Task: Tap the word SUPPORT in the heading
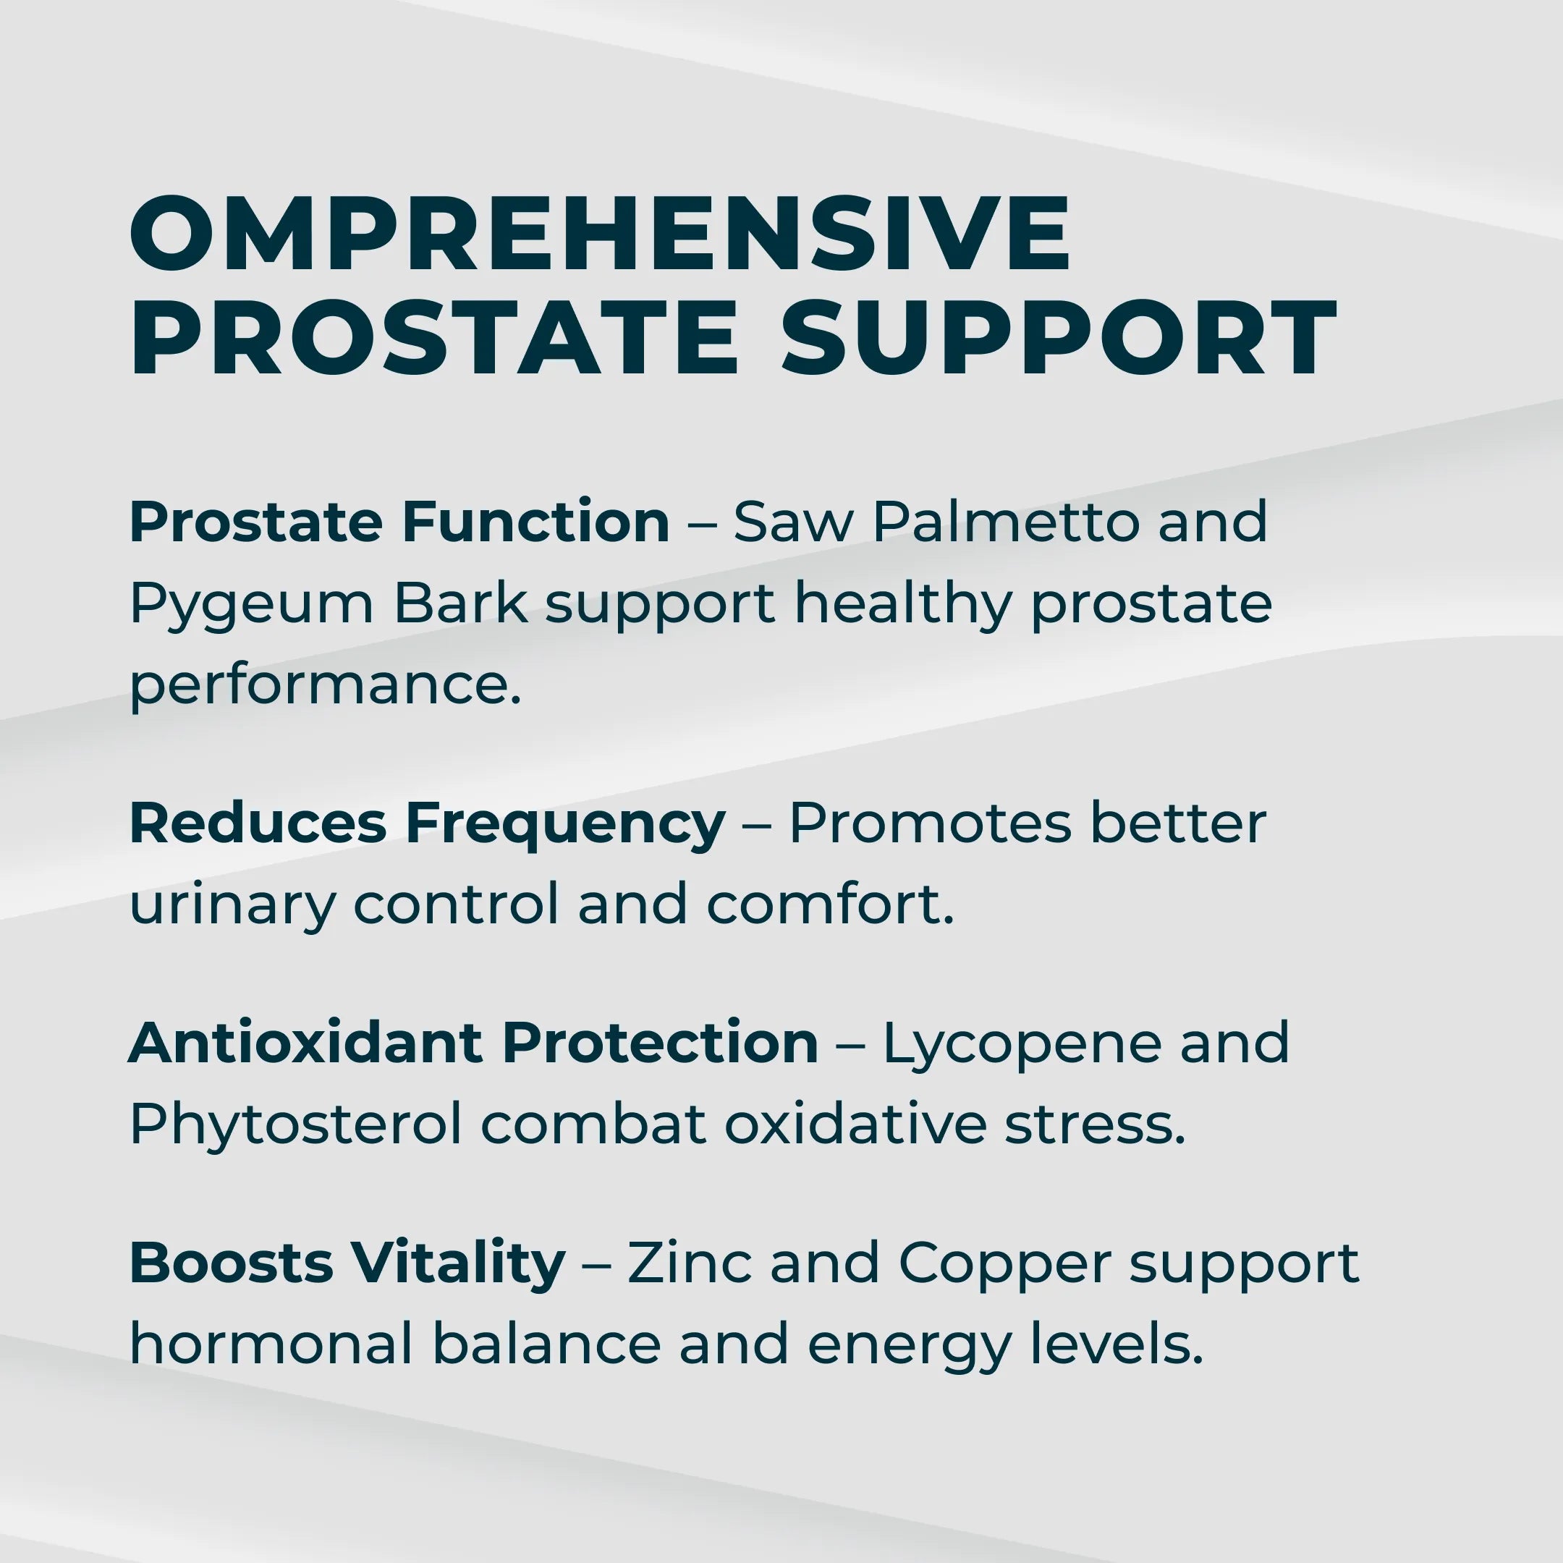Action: [x=1058, y=338]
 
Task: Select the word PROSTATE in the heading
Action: [x=434, y=338]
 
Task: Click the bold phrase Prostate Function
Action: [x=399, y=522]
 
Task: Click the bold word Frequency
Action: [x=564, y=824]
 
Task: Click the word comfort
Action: [x=829, y=904]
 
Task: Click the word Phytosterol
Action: [x=295, y=1125]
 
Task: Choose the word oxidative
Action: [x=855, y=1124]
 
